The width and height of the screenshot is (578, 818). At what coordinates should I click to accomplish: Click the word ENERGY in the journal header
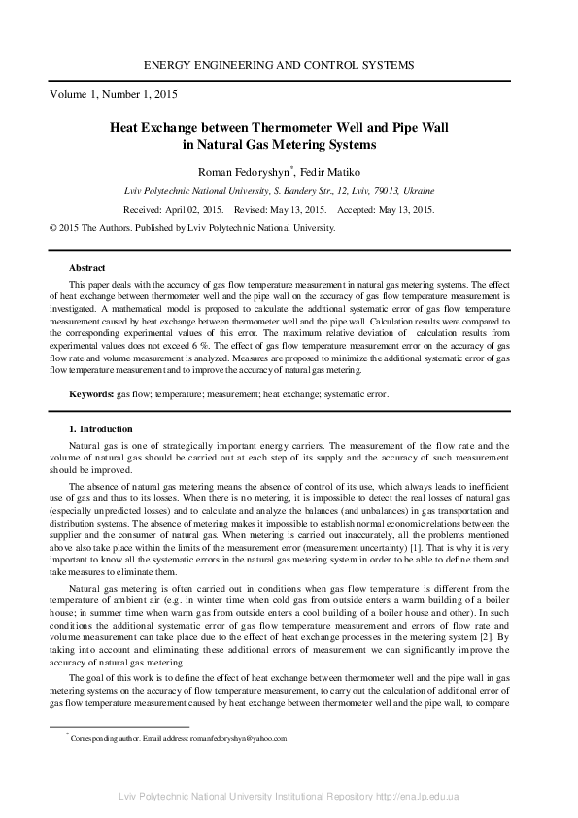coord(172,65)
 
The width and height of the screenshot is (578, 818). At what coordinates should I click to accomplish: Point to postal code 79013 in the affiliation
coord(380,191)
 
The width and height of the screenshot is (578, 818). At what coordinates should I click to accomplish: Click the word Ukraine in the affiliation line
coord(418,191)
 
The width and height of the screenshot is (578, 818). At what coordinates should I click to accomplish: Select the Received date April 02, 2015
coord(194,209)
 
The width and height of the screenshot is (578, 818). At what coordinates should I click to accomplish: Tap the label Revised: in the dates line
coord(253,209)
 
